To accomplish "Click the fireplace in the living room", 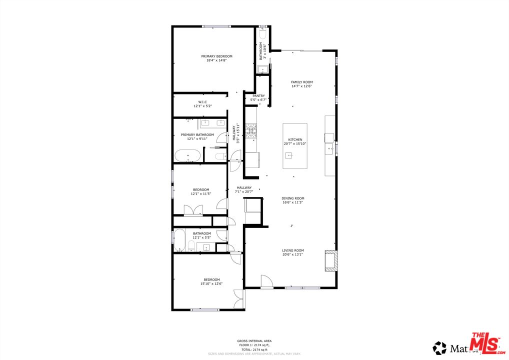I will tap(331, 260).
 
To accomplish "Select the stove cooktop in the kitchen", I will tap(251, 131).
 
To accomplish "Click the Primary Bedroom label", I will tap(216, 56).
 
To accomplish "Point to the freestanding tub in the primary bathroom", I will tap(188, 156).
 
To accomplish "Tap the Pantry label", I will tap(258, 95).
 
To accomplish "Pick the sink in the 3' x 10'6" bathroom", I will tap(262, 69).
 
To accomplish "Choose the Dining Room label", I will tap(292, 198).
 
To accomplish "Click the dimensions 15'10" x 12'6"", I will tap(212, 283).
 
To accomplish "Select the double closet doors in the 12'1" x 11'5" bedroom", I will tap(193, 210).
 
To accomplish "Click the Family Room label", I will tap(301, 82).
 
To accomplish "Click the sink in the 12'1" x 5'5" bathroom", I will tap(206, 247).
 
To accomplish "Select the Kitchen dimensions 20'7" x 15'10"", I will tap(295, 143).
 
